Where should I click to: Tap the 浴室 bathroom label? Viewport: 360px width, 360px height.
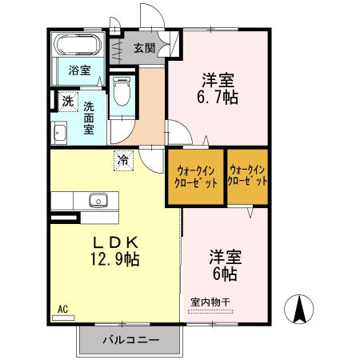point(78,70)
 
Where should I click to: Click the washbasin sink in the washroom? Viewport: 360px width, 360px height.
point(59,133)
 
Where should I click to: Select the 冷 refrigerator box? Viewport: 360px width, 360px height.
point(122,159)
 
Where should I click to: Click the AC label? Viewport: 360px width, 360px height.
point(62,306)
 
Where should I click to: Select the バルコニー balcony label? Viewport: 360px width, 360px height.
point(130,339)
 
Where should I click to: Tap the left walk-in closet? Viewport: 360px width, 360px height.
point(194,175)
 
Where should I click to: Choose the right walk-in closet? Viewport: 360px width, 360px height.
point(247,175)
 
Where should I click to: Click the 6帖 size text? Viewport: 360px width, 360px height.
point(224,274)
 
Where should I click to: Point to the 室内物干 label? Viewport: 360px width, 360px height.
point(210,302)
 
